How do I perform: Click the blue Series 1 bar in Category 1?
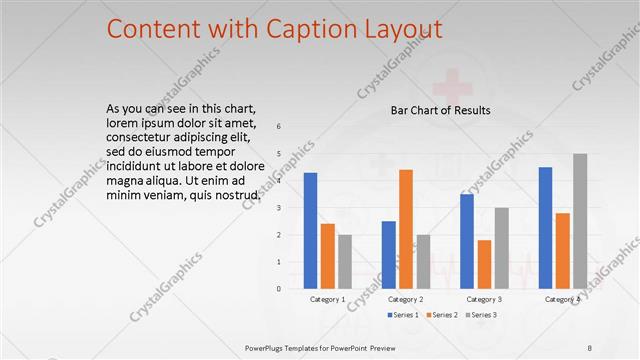pyautogui.click(x=310, y=230)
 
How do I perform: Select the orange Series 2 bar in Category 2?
pyautogui.click(x=405, y=229)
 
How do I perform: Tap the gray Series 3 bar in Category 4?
pyautogui.click(x=580, y=220)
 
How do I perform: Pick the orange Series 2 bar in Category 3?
pyautogui.click(x=484, y=263)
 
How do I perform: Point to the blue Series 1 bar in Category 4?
pyautogui.click(x=545, y=227)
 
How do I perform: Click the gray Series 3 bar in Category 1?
pyautogui.click(x=345, y=261)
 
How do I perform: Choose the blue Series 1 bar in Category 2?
pyautogui.click(x=388, y=254)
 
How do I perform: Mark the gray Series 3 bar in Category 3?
pyautogui.click(x=501, y=247)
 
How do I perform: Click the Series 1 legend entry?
pyautogui.click(x=405, y=315)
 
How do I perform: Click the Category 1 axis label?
pyautogui.click(x=328, y=299)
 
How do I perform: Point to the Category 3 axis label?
pyautogui.click(x=484, y=299)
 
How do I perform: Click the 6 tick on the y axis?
pyautogui.click(x=279, y=127)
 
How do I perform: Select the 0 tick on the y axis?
pyautogui.click(x=279, y=288)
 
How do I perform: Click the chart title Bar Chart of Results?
pyautogui.click(x=440, y=110)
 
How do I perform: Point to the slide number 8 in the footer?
pyautogui.click(x=589, y=347)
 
